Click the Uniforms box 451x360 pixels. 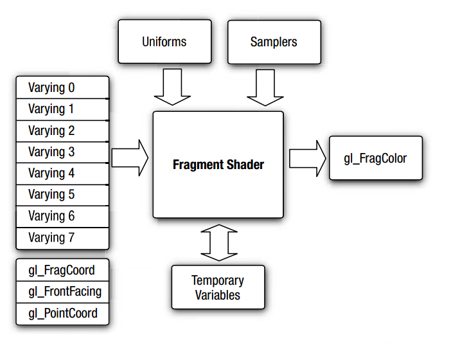point(164,41)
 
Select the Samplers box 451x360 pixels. point(274,42)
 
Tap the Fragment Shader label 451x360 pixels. point(218,165)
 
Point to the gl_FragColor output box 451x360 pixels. point(376,158)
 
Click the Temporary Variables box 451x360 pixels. point(218,287)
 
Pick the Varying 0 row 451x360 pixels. point(62,87)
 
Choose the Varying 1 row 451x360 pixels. point(62,109)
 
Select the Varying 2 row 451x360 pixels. point(62,131)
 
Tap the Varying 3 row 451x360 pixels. point(62,152)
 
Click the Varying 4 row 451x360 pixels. point(62,174)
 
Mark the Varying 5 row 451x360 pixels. point(62,195)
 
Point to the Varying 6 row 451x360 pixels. point(62,217)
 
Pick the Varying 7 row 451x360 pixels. point(62,239)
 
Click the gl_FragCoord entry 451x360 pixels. point(62,270)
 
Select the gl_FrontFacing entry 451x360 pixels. point(62,292)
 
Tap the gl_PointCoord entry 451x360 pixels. point(62,314)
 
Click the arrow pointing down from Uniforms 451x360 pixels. point(172,87)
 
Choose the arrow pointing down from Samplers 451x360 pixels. point(265,87)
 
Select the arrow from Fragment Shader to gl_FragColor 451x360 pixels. point(308,158)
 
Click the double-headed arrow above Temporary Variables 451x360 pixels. point(219,242)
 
